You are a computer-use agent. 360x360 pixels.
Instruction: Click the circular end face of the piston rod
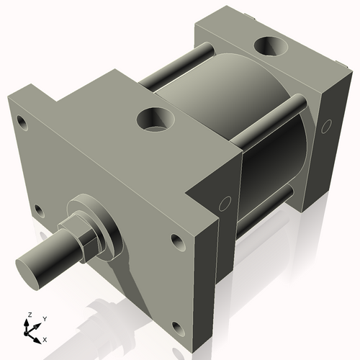(x=28, y=265)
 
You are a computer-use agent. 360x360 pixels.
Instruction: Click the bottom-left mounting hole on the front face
(x=39, y=211)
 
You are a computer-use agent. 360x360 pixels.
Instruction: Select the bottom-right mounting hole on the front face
(x=176, y=240)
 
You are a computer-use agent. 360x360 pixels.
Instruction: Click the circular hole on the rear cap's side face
(x=325, y=127)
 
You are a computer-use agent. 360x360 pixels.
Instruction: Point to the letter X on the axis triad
(x=45, y=338)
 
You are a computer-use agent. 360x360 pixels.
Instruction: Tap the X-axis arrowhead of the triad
(x=38, y=336)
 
